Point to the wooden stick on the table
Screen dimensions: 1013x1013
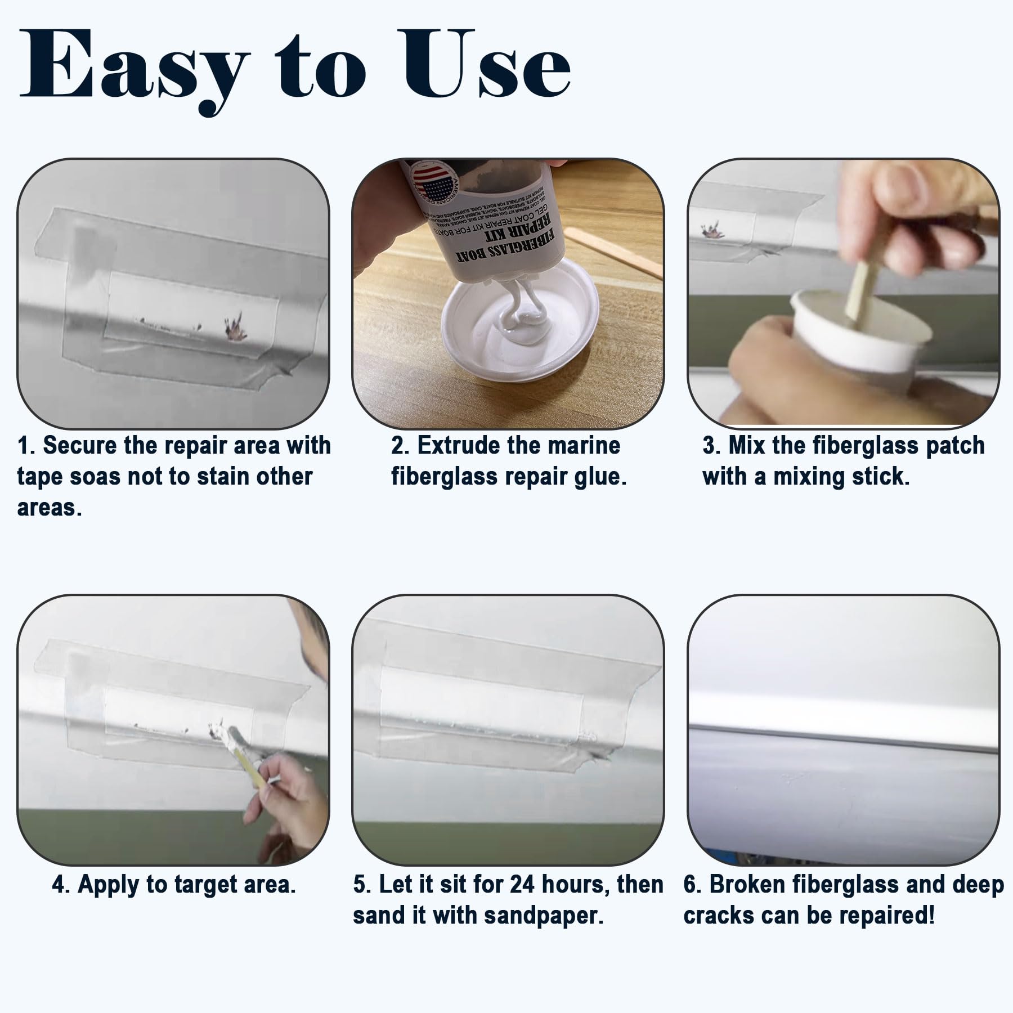[613, 248]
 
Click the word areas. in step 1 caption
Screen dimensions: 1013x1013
[50, 508]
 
